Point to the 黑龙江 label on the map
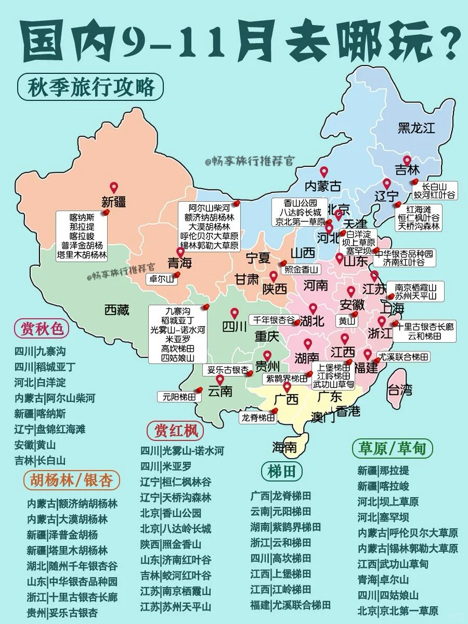tap(416, 127)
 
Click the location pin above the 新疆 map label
tap(114, 188)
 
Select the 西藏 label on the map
tap(116, 310)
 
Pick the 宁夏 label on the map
tap(258, 257)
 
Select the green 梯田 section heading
tap(282, 471)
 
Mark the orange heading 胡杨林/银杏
tap(71, 479)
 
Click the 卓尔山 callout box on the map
tap(161, 279)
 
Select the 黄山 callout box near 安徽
tap(347, 321)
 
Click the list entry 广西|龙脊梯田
tap(281, 496)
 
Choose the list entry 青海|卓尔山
tap(383, 580)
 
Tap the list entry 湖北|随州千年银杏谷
tap(72, 566)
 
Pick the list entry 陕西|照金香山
tap(171, 544)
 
